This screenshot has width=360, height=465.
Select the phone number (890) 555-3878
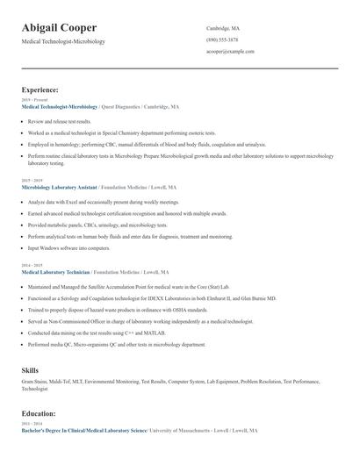(222, 39)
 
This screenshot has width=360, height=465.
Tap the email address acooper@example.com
(230, 51)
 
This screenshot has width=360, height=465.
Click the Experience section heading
(40, 89)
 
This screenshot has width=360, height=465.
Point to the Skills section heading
(30, 370)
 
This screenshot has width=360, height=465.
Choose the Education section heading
(39, 412)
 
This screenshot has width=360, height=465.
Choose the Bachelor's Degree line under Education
(84, 431)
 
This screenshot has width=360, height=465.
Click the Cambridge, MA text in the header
(223, 28)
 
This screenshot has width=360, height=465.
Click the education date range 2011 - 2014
(31, 424)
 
